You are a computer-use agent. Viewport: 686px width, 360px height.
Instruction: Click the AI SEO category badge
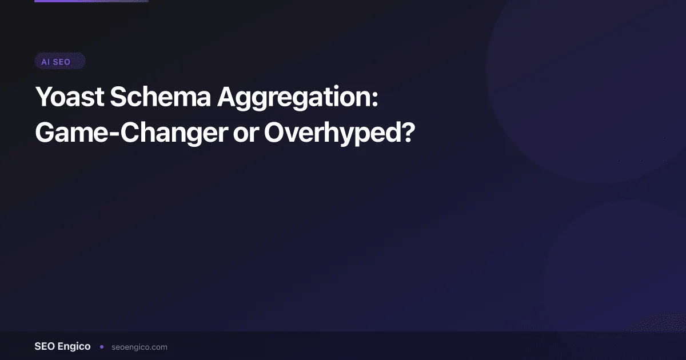tap(59, 62)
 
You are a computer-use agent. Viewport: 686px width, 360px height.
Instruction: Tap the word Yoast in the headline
tap(69, 98)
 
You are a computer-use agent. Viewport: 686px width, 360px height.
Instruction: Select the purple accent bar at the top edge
tap(91, 1)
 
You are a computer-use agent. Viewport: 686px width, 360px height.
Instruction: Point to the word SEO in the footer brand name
tap(45, 346)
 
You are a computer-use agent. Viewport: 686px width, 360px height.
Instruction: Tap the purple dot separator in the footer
tap(102, 346)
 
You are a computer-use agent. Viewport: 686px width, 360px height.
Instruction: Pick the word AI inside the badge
tap(45, 62)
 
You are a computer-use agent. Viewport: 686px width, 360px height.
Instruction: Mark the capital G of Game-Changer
tap(46, 133)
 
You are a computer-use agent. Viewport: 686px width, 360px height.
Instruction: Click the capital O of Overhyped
tap(275, 133)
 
